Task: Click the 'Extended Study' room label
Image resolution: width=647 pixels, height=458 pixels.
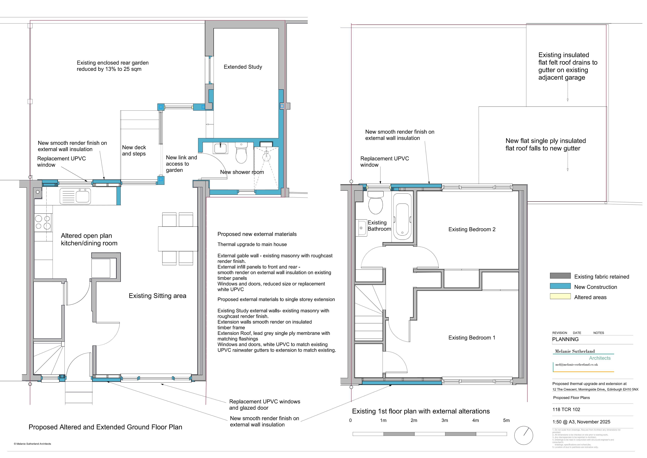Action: point(243,67)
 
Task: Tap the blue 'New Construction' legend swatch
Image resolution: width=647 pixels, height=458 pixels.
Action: point(560,286)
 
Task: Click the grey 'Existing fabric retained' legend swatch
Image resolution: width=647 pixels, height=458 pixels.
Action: point(560,276)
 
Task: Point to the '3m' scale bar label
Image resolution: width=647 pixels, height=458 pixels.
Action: point(445,420)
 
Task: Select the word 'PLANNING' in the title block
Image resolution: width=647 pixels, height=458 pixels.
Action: point(565,339)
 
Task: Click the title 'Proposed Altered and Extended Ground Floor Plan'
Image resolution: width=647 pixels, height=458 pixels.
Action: point(105,427)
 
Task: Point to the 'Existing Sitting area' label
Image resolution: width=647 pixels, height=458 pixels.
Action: point(157,296)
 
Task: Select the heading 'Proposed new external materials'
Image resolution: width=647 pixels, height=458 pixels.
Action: point(257,234)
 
